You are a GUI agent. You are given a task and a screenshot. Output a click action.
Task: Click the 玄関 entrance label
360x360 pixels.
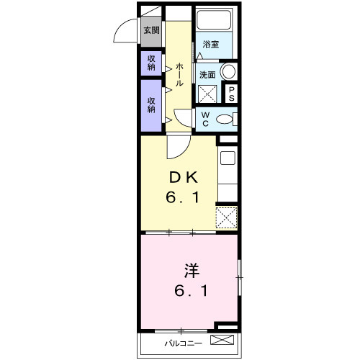click(x=151, y=30)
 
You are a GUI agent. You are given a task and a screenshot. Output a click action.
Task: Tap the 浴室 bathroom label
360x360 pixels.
click(x=211, y=44)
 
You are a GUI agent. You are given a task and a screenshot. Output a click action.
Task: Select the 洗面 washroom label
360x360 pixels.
click(x=207, y=75)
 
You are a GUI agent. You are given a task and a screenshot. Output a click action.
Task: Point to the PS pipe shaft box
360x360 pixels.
click(x=231, y=94)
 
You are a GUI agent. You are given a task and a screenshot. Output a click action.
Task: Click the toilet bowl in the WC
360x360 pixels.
click(x=224, y=120)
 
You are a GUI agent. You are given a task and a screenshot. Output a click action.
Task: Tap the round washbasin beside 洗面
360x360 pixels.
click(x=228, y=71)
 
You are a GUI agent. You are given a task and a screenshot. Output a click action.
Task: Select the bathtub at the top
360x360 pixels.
click(x=214, y=19)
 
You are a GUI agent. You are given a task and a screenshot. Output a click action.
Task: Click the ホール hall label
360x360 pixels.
click(x=179, y=75)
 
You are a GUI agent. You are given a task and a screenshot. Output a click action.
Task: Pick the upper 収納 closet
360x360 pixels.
click(x=151, y=63)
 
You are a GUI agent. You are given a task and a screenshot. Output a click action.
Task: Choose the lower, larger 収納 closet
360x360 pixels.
click(x=151, y=106)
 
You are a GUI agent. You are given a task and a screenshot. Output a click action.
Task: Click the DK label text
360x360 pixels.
click(x=184, y=178)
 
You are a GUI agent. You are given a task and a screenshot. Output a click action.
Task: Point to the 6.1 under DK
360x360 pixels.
click(x=182, y=198)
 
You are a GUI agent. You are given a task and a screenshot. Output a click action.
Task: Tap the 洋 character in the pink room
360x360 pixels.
click(x=192, y=271)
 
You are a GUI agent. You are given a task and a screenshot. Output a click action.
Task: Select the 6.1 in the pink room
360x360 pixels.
click(x=191, y=291)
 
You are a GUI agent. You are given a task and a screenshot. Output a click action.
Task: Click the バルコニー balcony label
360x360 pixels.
click(x=183, y=343)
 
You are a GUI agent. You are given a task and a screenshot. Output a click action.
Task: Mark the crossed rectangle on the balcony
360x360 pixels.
click(x=222, y=340)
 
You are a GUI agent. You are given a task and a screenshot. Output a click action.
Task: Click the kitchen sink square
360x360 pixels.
click(x=228, y=158)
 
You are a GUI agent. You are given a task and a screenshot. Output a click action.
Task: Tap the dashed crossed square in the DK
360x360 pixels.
click(x=227, y=217)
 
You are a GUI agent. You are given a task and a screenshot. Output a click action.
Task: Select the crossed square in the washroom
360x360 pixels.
click(x=207, y=94)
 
